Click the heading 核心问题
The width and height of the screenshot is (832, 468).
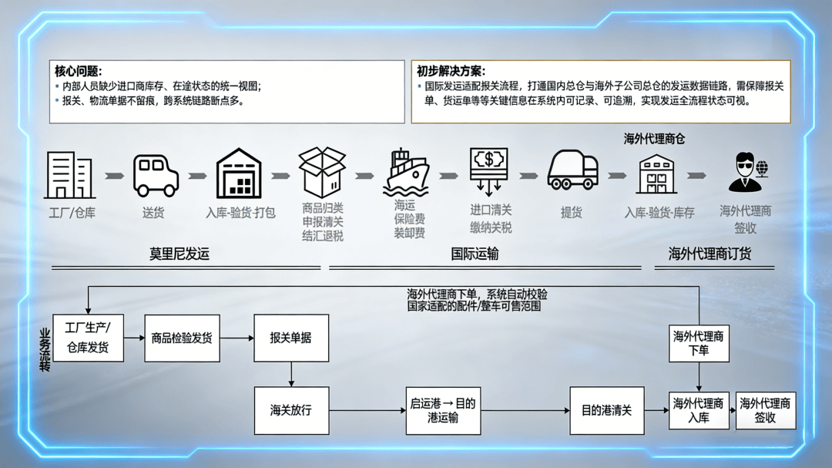[x=78, y=71]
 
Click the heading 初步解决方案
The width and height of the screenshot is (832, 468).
[x=451, y=71]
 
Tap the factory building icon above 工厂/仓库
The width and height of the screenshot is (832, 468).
[x=71, y=175]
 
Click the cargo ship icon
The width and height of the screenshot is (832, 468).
[x=406, y=173]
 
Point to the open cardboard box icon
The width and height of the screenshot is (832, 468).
[x=322, y=172]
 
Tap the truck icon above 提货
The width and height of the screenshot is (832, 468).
[x=572, y=170]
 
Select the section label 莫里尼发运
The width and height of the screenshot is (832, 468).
[x=179, y=254]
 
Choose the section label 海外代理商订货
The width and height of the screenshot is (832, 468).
[x=710, y=254]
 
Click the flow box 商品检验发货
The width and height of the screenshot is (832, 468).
[x=182, y=338]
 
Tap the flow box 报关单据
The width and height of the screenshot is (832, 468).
[x=290, y=338]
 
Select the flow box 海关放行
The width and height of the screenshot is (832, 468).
[x=290, y=410]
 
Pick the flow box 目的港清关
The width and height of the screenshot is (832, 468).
[x=606, y=410]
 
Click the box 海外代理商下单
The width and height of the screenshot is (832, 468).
[x=698, y=343]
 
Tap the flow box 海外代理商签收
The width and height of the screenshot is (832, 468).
[x=765, y=410]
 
